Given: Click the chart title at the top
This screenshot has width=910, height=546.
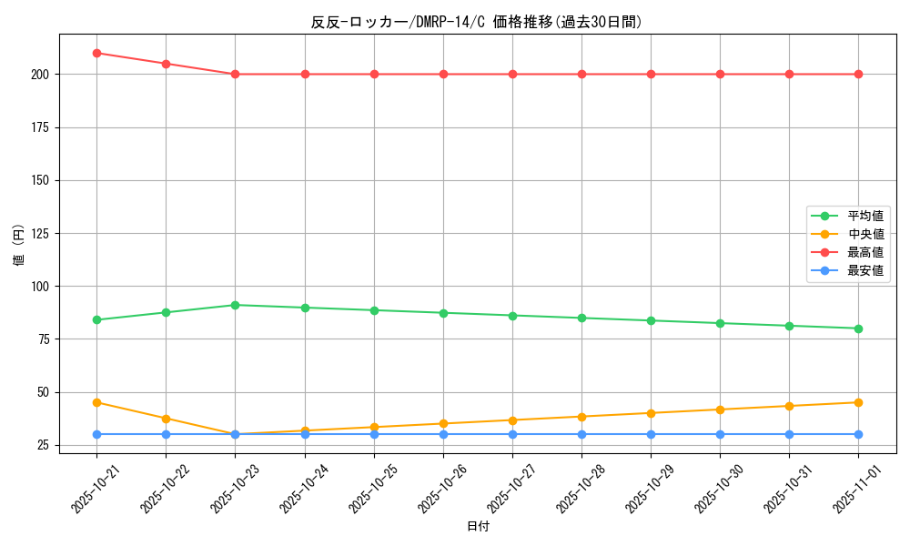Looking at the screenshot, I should pos(477,23).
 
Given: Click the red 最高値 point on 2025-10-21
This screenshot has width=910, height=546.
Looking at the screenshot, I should pos(96,53).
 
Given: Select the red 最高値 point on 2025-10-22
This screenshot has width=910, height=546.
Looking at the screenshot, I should pos(166,64).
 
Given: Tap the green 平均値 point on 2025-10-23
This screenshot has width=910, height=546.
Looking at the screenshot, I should pos(235,305).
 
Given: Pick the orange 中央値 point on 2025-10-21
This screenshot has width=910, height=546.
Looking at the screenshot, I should pos(96,402).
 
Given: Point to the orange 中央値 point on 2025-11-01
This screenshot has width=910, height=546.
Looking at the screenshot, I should pos(858,402).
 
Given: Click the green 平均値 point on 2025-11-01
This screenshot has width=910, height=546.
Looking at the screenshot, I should pos(858,329).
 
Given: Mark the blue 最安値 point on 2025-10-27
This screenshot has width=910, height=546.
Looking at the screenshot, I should pos(512,434).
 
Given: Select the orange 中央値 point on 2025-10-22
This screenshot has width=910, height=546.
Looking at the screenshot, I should pos(166,419).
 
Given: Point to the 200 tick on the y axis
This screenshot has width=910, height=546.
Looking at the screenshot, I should pos(42,75).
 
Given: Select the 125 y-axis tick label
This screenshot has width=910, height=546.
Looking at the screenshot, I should pos(42,234).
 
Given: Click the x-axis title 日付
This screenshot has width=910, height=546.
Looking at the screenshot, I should pos(478,527).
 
